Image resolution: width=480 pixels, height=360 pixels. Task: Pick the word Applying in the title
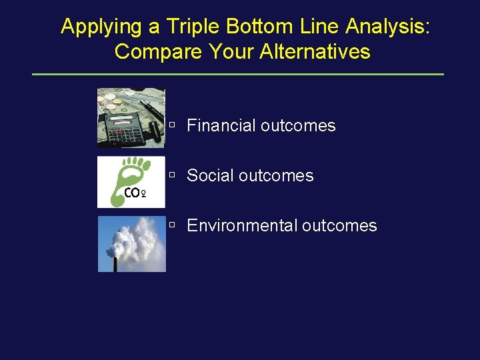click(x=101, y=27)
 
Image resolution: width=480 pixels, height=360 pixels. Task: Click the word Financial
click(x=221, y=125)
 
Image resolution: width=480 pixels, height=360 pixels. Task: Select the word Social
click(x=210, y=175)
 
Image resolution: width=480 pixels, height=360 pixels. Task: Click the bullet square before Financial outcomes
click(x=172, y=125)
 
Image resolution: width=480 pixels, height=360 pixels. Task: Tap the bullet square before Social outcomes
click(x=172, y=175)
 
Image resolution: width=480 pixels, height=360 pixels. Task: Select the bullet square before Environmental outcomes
click(x=172, y=225)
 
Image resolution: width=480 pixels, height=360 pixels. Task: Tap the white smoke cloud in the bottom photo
click(x=137, y=237)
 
